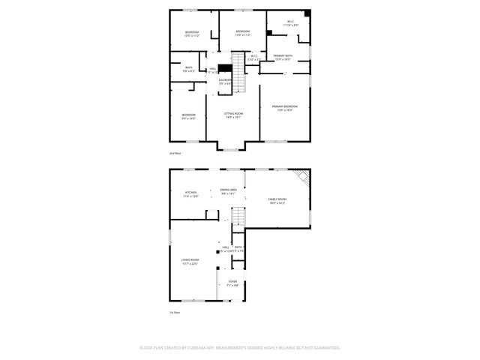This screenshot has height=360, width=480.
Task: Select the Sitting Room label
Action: pyautogui.click(x=233, y=115)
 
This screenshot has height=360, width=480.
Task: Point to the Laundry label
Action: pyautogui.click(x=225, y=81)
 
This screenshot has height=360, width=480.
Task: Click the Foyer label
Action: pyautogui.click(x=232, y=283)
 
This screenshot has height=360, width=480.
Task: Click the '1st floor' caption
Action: pyautogui.click(x=174, y=311)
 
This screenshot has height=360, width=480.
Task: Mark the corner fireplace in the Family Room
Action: pyautogui.click(x=302, y=178)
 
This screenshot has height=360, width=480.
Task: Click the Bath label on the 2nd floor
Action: pyautogui.click(x=188, y=69)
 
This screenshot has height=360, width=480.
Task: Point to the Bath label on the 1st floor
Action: pyautogui.click(x=238, y=248)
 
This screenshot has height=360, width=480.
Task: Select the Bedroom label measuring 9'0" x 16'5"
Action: pyautogui.click(x=188, y=116)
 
